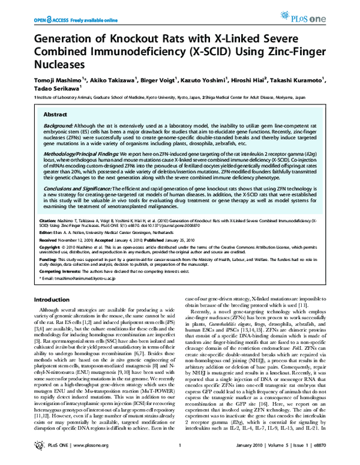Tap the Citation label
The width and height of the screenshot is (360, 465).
coord(48,220)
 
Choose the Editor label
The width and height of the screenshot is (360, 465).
coord(46,232)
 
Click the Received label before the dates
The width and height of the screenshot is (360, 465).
coord(49,240)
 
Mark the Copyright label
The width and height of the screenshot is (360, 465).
coord(50,248)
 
